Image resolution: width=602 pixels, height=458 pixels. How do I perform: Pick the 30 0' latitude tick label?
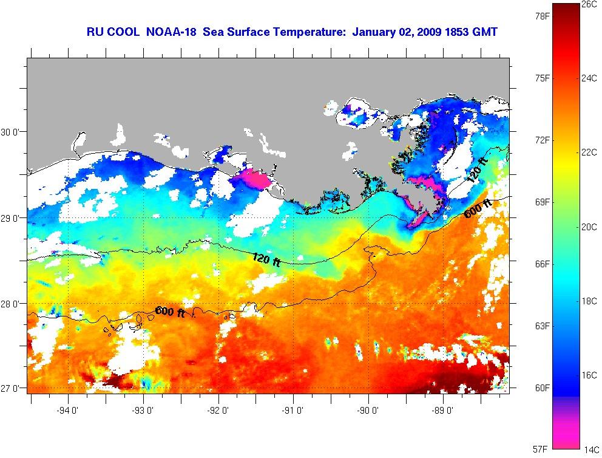tap(12, 132)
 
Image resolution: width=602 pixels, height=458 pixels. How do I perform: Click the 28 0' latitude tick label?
tap(12, 303)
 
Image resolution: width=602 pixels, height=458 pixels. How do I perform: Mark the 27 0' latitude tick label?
tap(12, 389)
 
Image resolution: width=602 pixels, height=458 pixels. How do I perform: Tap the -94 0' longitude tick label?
tap(68, 409)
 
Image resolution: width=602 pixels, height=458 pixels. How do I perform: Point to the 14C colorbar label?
tap(590, 450)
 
